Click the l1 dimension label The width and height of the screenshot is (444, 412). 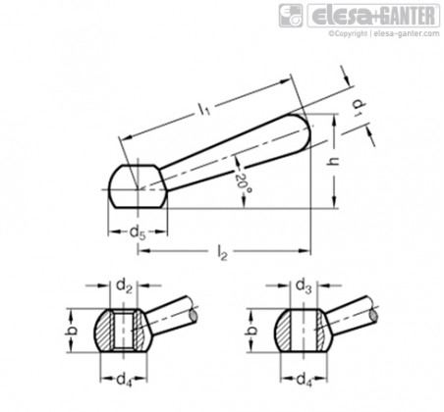[204, 109]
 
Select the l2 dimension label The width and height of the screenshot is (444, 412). [222, 253]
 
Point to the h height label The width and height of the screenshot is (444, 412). [334, 161]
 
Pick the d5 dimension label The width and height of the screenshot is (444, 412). [137, 233]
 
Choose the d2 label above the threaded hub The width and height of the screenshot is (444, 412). [124, 286]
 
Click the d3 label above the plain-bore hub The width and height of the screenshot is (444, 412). [305, 286]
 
